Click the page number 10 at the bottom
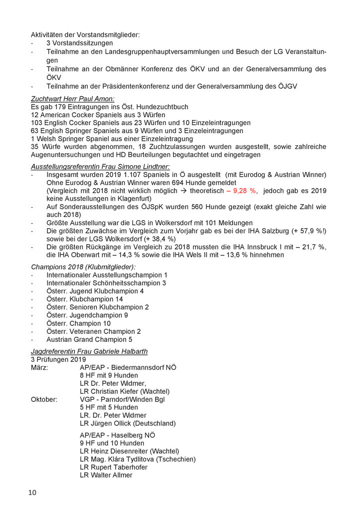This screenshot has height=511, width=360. pyautogui.click(x=32, y=493)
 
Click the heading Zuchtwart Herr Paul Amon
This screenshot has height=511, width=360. pyautogui.click(x=73, y=99)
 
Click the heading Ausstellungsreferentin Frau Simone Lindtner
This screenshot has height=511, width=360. pyautogui.click(x=100, y=166)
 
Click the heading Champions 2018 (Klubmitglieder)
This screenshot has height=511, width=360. pyautogui.click(x=80, y=267)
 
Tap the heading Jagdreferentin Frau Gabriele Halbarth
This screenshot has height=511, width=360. pyautogui.click(x=89, y=351)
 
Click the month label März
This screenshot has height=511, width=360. pyautogui.click(x=39, y=367)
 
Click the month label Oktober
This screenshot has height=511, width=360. pyautogui.click(x=44, y=399)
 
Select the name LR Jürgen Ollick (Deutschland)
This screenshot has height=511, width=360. pyautogui.click(x=128, y=423)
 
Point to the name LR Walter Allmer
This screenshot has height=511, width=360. pyautogui.click(x=106, y=475)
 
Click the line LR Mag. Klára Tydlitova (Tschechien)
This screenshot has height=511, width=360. pyautogui.click(x=138, y=459)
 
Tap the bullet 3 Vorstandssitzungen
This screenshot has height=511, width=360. pyautogui.click(x=80, y=43)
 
